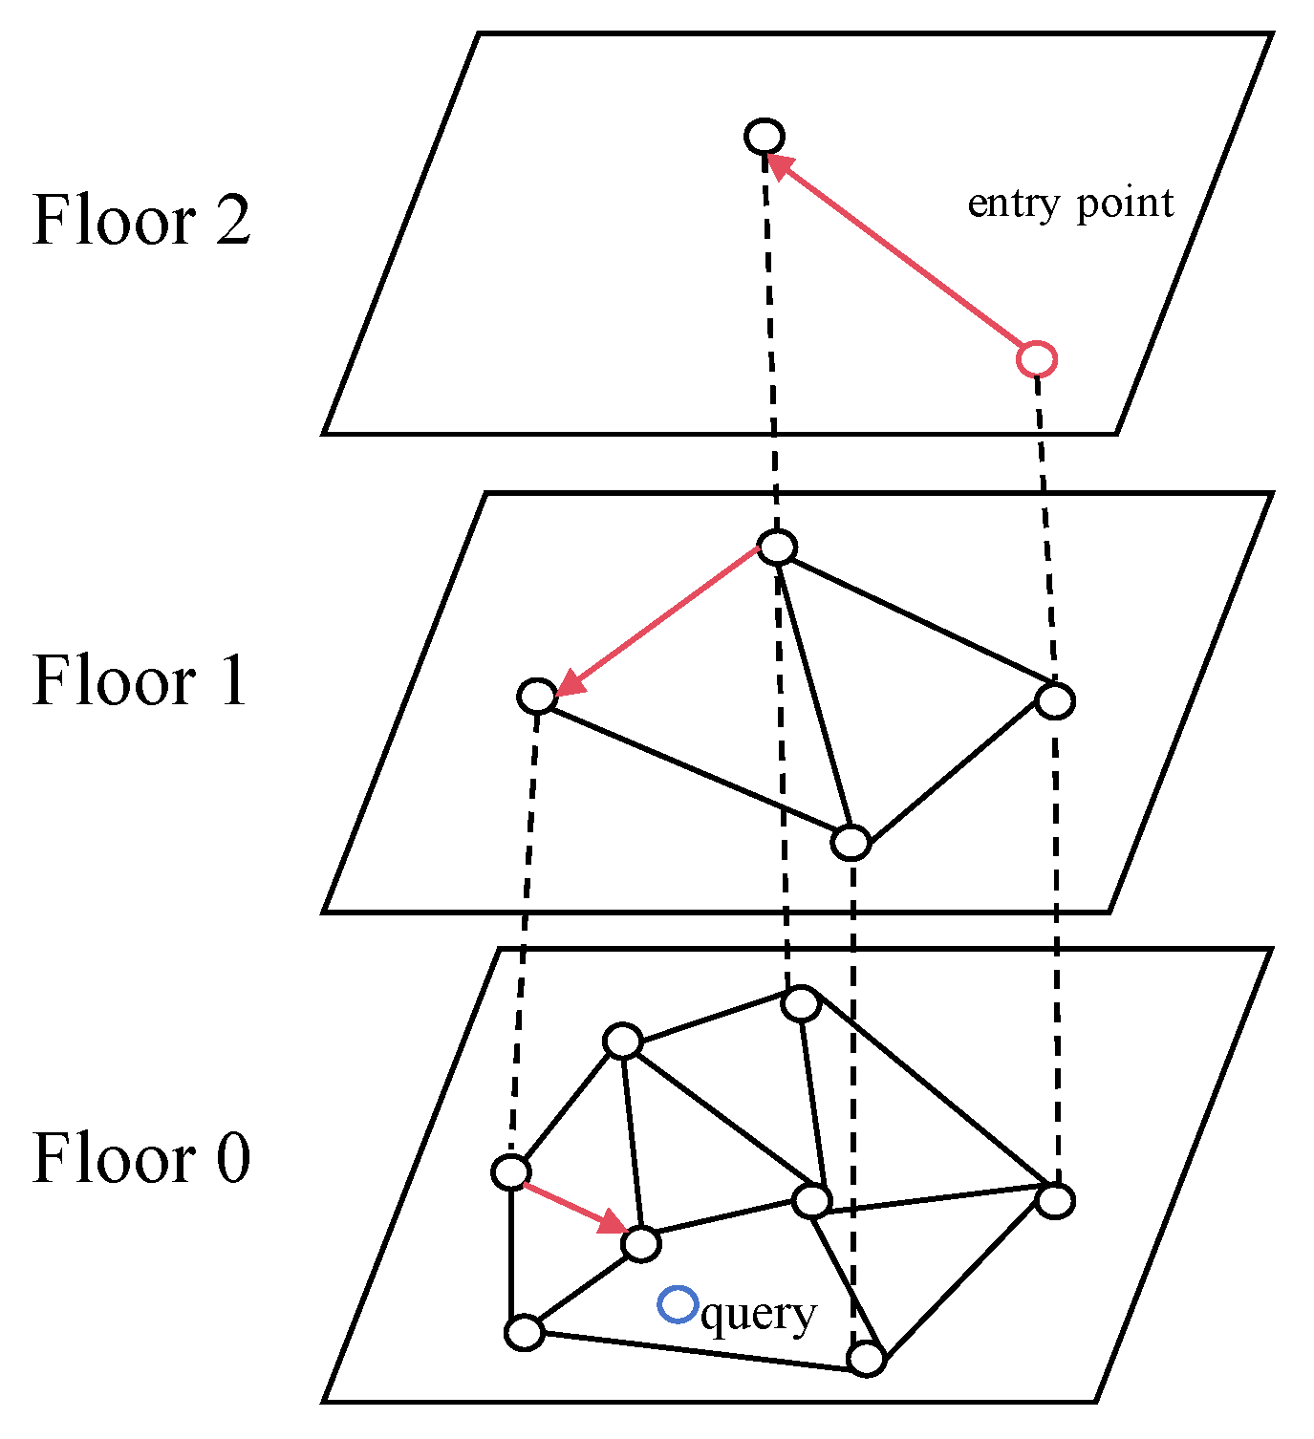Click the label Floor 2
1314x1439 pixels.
[x=141, y=221]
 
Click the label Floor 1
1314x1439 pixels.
[x=140, y=681]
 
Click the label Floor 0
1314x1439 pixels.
[x=141, y=1158]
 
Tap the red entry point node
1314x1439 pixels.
[x=1036, y=359]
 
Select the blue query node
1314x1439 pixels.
[x=679, y=1304]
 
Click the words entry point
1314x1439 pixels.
[x=1070, y=204]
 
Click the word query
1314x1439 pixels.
[x=758, y=1315]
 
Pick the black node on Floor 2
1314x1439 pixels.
[x=765, y=136]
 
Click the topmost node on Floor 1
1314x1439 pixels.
[x=777, y=548]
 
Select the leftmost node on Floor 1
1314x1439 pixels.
[x=537, y=696]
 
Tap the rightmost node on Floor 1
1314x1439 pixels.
[x=1055, y=700]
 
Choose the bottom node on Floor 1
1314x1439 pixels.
[x=851, y=843]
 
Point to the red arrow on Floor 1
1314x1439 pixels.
[x=659, y=621]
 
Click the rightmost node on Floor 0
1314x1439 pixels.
[x=1055, y=1200]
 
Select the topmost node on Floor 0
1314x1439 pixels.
[x=801, y=1003]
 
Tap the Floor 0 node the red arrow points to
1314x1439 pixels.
[x=640, y=1244]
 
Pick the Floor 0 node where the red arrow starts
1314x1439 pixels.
[x=511, y=1171]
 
